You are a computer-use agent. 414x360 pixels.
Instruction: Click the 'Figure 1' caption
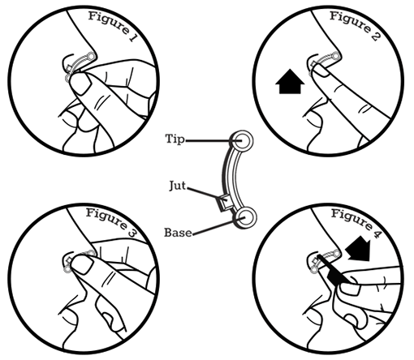112,25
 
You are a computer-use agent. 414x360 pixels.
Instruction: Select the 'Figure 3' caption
111,222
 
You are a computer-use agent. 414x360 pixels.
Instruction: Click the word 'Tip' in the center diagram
175,139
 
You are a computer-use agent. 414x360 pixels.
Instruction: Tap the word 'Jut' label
178,186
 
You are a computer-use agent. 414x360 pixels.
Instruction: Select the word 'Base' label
178,233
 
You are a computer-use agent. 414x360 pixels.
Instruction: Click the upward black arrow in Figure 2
290,81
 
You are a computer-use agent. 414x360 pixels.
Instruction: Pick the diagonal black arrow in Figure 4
359,249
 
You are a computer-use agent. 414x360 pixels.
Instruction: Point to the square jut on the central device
224,203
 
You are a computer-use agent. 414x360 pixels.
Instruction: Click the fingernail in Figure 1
80,83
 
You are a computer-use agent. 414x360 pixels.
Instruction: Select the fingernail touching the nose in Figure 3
83,264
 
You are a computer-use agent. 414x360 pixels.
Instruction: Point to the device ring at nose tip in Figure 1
92,56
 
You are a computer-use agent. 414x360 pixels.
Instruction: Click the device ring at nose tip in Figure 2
336,56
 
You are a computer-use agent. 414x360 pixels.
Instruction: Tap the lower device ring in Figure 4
314,269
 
